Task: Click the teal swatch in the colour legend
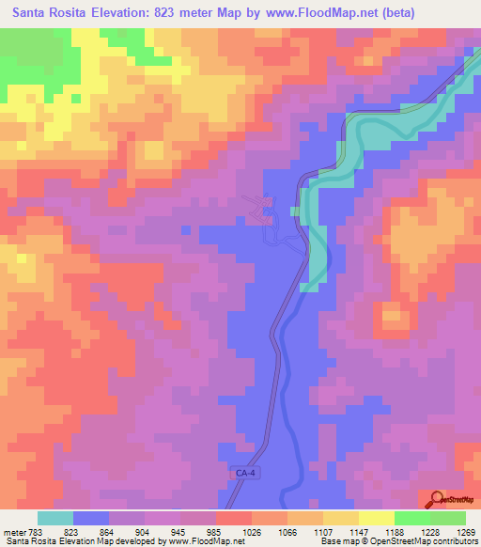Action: pos(55,518)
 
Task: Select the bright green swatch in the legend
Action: pos(412,518)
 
